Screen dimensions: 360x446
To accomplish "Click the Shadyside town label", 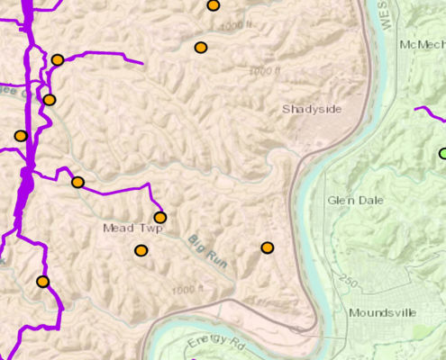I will click(312, 109).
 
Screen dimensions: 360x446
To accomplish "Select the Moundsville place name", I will click(382, 312).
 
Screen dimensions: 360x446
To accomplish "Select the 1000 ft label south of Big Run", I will click(188, 290).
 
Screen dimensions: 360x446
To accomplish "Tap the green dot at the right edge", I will click(442, 153).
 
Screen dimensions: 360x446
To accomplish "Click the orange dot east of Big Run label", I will click(268, 247).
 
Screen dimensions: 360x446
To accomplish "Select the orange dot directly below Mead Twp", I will click(141, 251).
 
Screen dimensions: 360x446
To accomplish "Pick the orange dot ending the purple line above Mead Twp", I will click(160, 217).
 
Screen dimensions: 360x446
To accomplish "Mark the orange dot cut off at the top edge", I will click(214, 5).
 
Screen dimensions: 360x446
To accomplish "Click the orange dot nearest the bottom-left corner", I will click(42, 282).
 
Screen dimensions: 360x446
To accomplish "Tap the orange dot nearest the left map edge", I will click(21, 136).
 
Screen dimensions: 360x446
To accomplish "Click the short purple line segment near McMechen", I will click(429, 113).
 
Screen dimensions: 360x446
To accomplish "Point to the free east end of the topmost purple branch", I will click(141, 63).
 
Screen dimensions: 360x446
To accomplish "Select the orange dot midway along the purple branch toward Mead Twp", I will click(77, 182).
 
